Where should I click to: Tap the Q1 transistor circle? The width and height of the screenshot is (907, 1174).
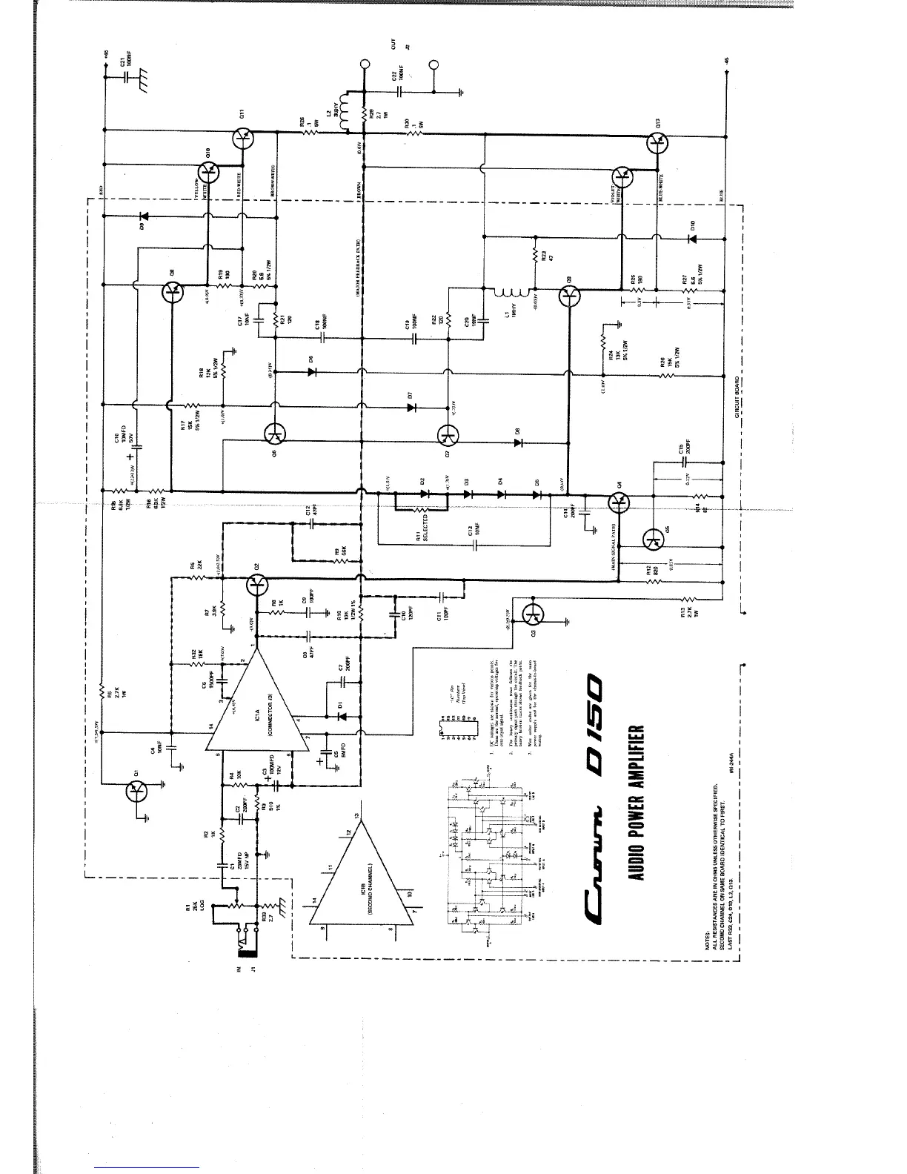pyautogui.click(x=136, y=792)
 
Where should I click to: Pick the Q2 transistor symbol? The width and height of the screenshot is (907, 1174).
pyautogui.click(x=256, y=586)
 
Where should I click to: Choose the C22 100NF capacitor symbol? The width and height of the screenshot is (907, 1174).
pyautogui.click(x=399, y=92)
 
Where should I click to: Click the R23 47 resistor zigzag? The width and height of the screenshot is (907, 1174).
pyautogui.click(x=535, y=256)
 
